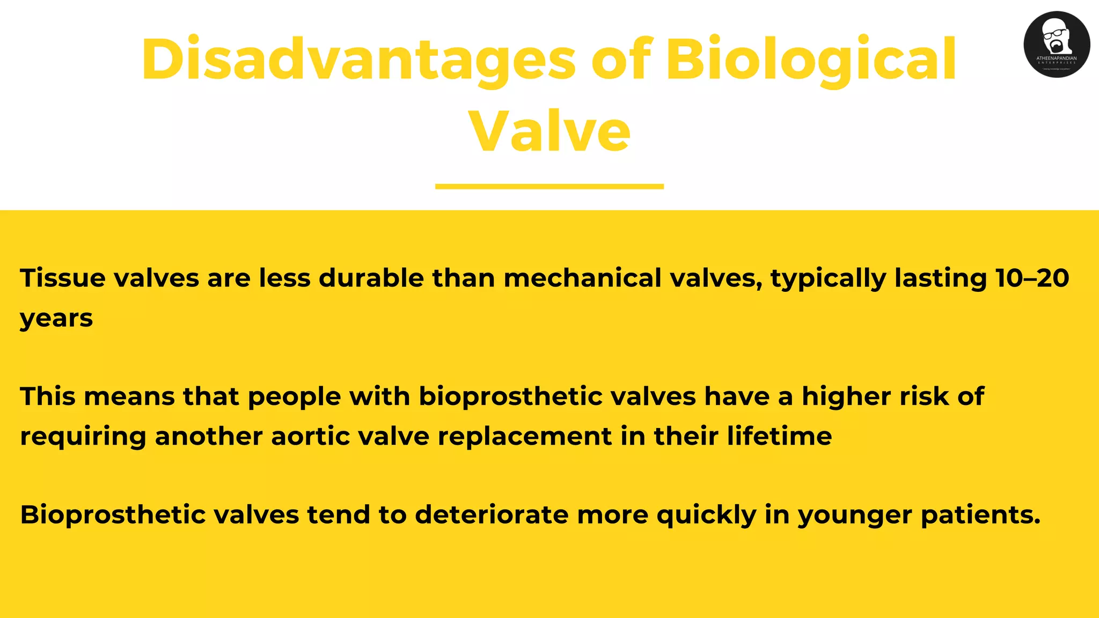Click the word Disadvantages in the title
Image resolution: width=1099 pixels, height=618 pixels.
click(358, 60)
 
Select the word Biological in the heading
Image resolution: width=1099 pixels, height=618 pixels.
click(811, 60)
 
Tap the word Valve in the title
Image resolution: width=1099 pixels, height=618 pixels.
click(549, 131)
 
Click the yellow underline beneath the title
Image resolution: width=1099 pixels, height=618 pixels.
click(549, 186)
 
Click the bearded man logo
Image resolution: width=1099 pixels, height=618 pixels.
click(1056, 44)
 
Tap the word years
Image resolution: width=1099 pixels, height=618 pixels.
click(56, 318)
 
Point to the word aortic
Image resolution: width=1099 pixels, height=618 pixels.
click(310, 436)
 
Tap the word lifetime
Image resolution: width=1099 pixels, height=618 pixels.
click(779, 436)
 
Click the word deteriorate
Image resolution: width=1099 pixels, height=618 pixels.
click(492, 515)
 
